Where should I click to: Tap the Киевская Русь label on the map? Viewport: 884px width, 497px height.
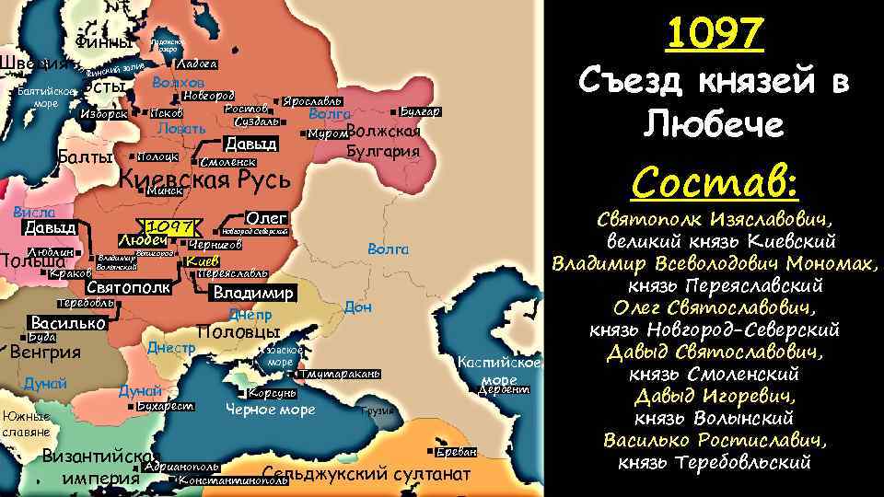pos(205,179)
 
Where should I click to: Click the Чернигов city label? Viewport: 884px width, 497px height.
pos(215,246)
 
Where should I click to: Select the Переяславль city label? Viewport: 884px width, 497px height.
pos(232,274)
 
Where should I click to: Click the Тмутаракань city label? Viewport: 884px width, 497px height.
pos(340,375)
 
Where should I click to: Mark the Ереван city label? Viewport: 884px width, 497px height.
pos(457,452)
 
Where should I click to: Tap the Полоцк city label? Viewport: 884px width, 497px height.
pos(157,157)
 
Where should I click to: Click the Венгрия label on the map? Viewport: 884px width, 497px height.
pos(45,352)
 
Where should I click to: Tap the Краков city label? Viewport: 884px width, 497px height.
pos(69,273)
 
